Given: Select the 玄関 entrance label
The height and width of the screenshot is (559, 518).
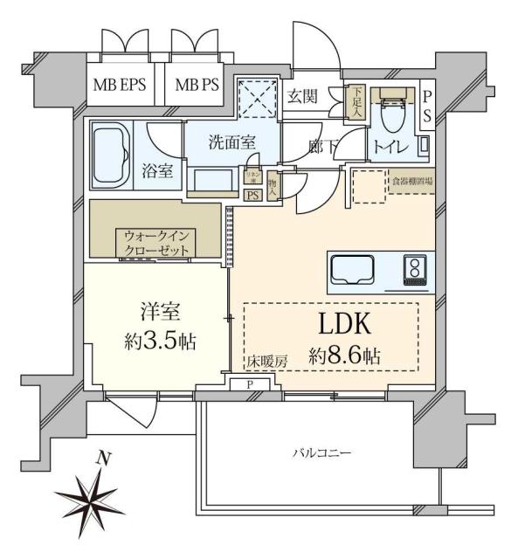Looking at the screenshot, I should point(305,95).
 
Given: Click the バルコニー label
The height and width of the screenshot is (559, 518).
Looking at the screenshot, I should point(321,454).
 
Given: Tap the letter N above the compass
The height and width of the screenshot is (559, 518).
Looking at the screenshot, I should point(104,457).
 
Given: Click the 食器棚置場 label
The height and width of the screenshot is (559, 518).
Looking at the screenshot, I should point(411,181).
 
